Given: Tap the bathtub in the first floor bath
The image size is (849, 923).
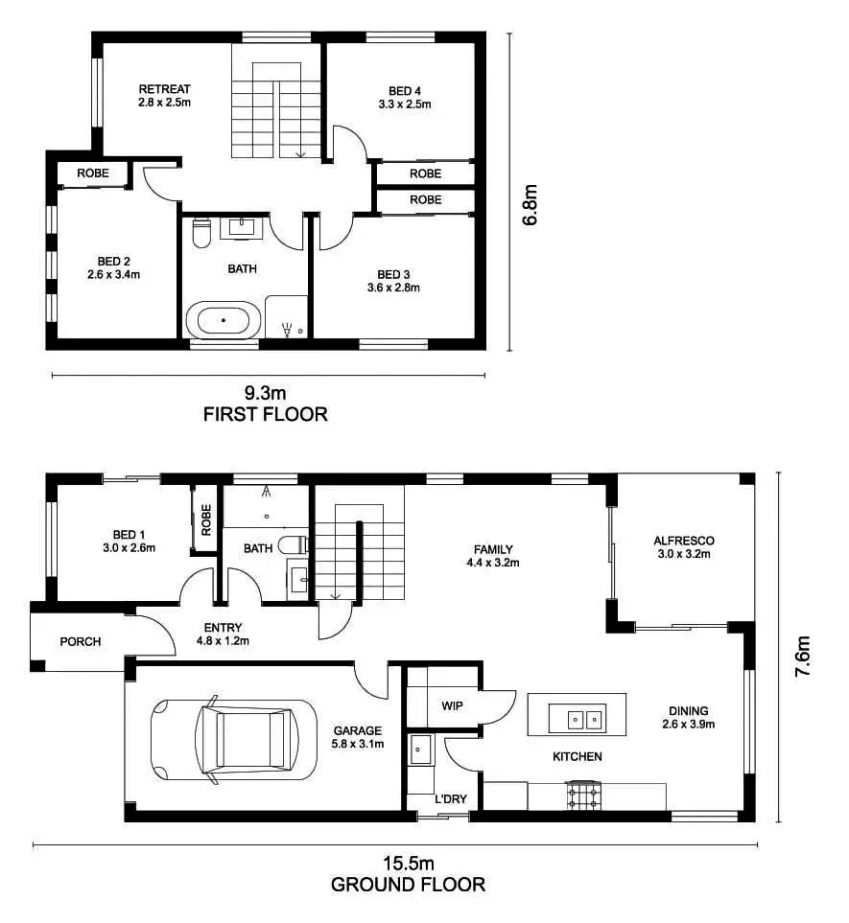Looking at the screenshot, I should tap(223, 319).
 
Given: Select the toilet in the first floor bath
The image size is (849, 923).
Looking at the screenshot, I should tap(200, 233).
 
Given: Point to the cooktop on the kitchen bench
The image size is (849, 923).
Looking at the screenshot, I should tap(581, 795).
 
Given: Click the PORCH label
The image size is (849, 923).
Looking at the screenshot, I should tap(81, 641).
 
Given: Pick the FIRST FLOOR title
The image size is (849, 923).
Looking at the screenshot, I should tap(266, 415).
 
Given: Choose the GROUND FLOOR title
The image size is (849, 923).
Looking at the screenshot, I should tap(408, 885).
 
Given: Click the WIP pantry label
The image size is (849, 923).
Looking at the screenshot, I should tap(453, 705).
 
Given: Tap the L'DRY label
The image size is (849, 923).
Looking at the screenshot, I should tap(449, 798).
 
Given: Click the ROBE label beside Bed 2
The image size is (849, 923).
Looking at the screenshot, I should tap(92, 173).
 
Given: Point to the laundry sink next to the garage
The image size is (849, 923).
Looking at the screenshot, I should tap(419, 750).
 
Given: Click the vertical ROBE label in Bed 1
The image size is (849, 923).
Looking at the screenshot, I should tap(206, 519).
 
